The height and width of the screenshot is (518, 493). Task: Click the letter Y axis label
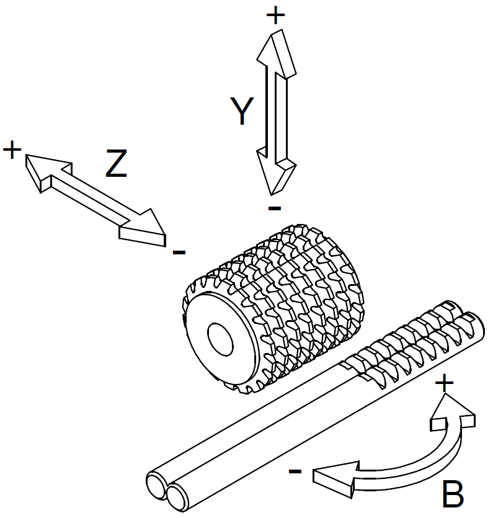coord(242,112)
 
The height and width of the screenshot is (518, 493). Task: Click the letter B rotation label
coord(453,494)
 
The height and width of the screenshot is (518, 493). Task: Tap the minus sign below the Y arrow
coord(275,208)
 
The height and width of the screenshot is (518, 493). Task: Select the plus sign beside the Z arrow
coord(12,150)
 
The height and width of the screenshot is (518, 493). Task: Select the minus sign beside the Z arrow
coord(179,252)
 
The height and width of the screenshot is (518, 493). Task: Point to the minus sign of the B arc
coord(295,471)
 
